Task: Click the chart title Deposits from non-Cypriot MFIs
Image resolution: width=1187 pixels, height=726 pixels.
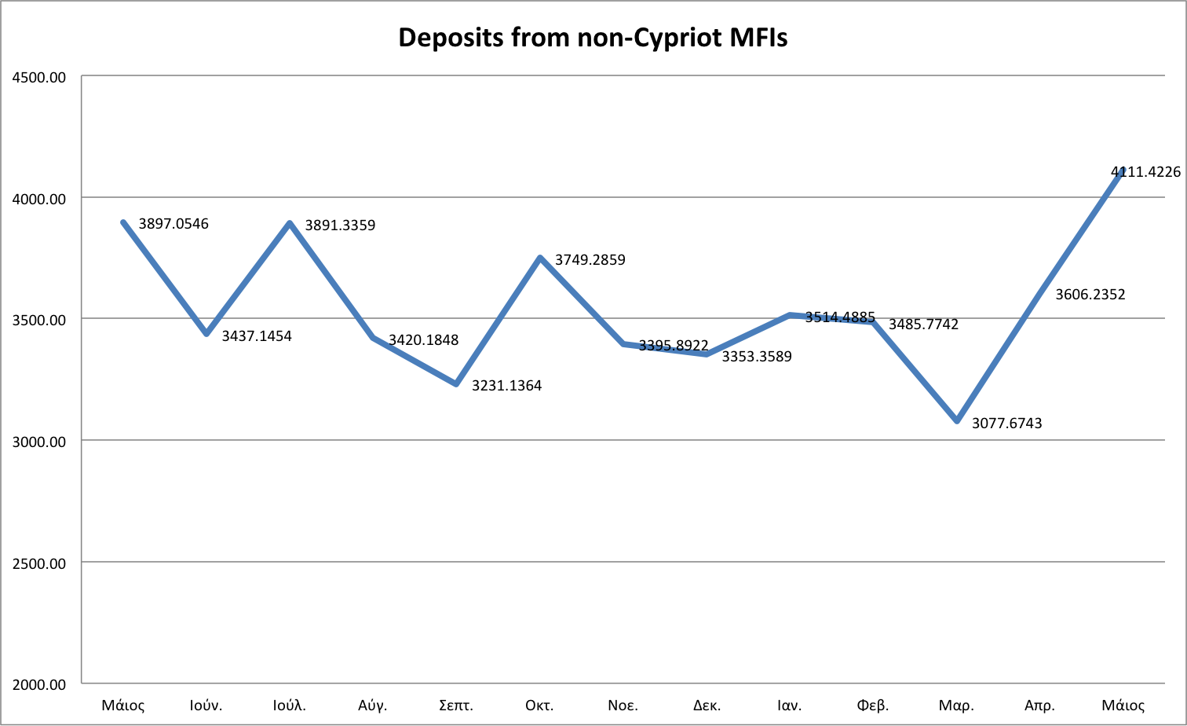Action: [593, 37]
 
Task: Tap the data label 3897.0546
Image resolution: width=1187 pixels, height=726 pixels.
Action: [173, 224]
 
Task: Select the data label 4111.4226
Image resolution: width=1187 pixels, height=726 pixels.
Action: [1145, 171]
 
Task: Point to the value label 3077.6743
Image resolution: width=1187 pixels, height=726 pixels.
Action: [1006, 423]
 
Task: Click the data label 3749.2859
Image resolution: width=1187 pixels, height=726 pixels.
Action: [590, 260]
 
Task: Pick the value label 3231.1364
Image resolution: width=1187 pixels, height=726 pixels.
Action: [506, 386]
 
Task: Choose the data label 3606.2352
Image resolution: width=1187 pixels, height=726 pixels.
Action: [1090, 295]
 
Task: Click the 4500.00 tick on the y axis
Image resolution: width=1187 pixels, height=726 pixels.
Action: [38, 77]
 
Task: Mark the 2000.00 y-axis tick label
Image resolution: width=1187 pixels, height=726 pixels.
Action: [38, 684]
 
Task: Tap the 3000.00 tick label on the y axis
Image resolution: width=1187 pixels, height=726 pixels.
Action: [38, 442]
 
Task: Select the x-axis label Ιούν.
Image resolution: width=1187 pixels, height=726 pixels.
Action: [206, 705]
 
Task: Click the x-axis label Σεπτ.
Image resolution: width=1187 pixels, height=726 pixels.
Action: [455, 705]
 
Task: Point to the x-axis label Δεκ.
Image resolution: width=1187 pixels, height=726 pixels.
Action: [707, 705]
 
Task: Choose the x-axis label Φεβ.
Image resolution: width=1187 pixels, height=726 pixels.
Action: [873, 705]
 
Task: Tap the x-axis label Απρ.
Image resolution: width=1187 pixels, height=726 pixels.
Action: [1039, 705]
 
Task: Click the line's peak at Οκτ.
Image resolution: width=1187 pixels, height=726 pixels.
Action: [540, 258]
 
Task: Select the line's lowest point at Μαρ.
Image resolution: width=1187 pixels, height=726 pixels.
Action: [957, 421]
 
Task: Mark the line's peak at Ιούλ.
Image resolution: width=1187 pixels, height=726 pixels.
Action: [290, 223]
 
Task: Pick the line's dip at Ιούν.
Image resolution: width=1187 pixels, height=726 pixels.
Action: [206, 334]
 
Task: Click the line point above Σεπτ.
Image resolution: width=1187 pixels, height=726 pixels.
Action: [456, 383]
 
